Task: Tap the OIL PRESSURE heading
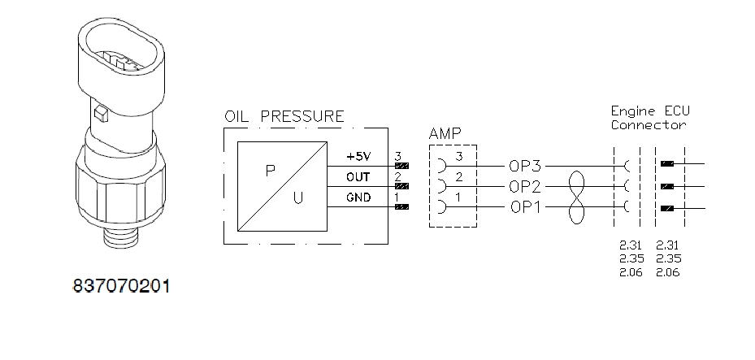coord(284,116)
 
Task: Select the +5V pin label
coord(358,156)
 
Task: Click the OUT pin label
coord(358,176)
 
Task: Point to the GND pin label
coord(358,197)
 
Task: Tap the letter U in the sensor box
coord(298,197)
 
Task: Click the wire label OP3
coord(526,166)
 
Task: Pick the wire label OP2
coord(526,186)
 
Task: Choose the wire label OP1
coord(526,206)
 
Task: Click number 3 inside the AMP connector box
coord(458,156)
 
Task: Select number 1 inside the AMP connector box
coord(458,197)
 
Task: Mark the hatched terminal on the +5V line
coord(401,166)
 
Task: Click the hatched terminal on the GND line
coord(401,207)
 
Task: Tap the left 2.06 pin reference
coord(630,273)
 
